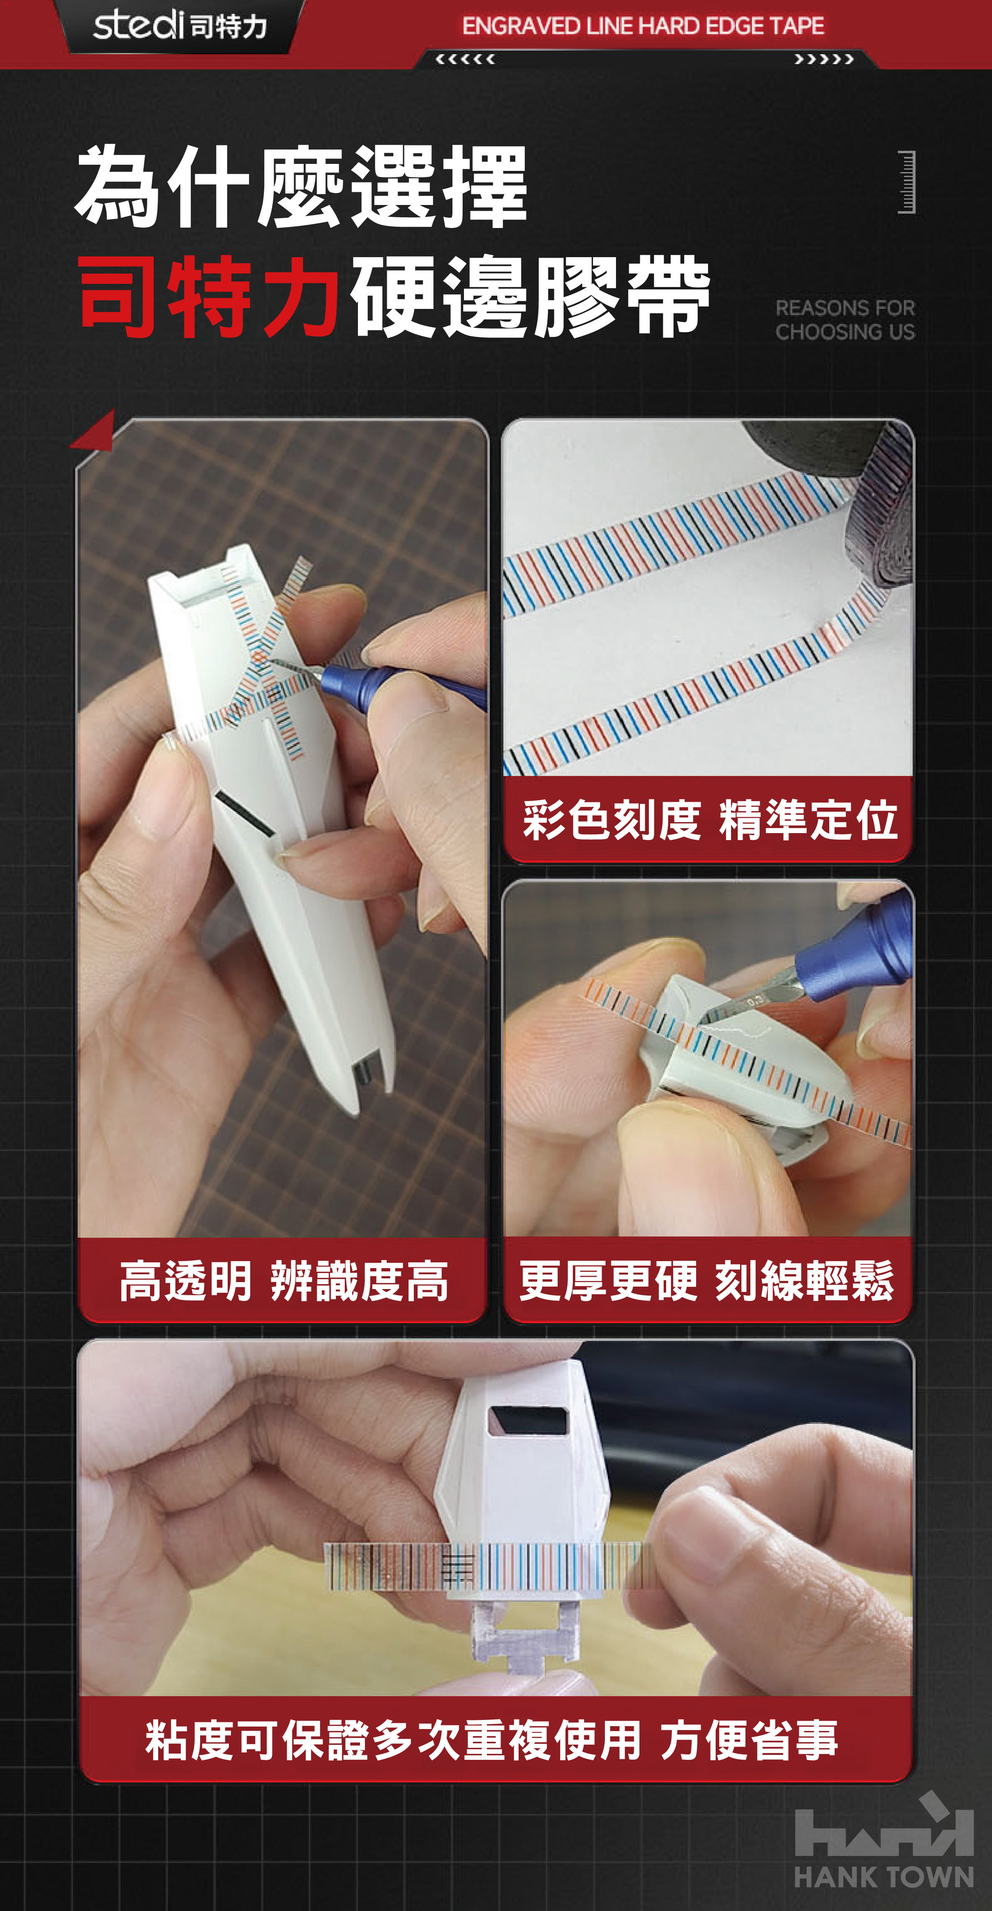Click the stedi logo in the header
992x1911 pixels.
click(x=180, y=25)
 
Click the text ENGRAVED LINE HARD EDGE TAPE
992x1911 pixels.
click(x=643, y=26)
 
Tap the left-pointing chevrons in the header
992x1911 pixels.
click(x=465, y=59)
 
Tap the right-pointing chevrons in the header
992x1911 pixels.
click(x=824, y=59)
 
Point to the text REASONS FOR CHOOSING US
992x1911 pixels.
click(x=845, y=320)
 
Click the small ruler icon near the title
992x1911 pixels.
click(x=907, y=182)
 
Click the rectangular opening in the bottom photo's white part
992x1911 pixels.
click(x=528, y=1420)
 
